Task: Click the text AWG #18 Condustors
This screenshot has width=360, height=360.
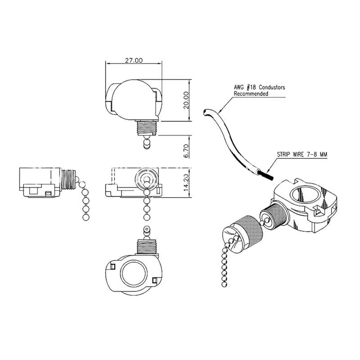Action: click(x=260, y=88)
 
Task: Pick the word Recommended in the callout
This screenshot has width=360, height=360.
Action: click(x=251, y=94)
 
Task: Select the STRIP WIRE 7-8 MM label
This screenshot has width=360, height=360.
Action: click(x=301, y=154)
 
